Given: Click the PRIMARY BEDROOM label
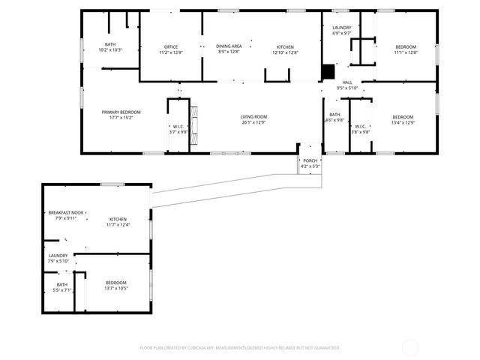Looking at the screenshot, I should click(x=121, y=112).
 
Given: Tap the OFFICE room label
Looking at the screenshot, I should click(x=170, y=46).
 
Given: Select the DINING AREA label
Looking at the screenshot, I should click(x=229, y=46).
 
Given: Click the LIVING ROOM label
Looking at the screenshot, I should click(x=253, y=116).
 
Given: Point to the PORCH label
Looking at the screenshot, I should click(x=310, y=160).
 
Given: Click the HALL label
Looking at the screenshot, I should click(x=347, y=82).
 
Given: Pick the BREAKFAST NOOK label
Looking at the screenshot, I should click(x=66, y=212).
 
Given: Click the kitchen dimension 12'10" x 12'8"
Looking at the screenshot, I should click(x=285, y=52).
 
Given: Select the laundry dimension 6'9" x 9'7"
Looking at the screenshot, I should click(x=342, y=34).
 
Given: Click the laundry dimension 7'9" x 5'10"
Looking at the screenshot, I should click(x=58, y=261).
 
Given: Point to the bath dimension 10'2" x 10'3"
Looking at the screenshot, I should click(x=110, y=50).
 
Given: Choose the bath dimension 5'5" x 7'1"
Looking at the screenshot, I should click(x=61, y=290).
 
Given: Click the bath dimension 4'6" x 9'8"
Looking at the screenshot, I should click(x=334, y=121).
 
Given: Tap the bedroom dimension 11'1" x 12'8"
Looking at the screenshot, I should click(x=406, y=52).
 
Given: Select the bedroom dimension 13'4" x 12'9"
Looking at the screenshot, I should click(x=403, y=123).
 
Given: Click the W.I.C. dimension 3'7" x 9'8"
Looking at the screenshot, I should click(x=178, y=132).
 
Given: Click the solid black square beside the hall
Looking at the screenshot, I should click(x=327, y=71).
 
